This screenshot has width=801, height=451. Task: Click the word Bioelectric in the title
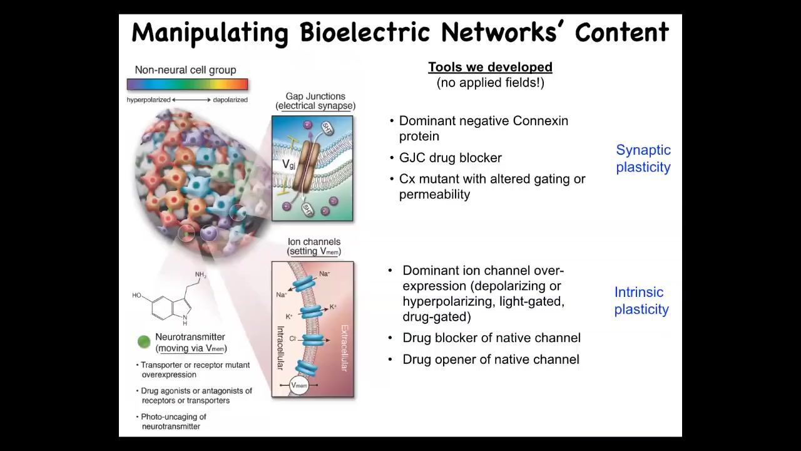click(365, 33)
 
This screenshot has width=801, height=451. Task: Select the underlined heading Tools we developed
click(490, 67)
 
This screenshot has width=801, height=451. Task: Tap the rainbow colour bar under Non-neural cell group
click(187, 84)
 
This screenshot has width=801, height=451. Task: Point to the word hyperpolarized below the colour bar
click(148, 100)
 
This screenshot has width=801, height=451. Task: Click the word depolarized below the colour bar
click(230, 100)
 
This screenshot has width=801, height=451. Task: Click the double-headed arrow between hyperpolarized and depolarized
click(191, 100)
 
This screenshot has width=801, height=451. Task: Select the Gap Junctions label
click(315, 96)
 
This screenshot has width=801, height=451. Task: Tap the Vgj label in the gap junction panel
click(288, 164)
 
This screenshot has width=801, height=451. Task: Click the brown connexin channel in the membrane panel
click(306, 165)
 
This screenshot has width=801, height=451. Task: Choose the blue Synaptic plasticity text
click(643, 158)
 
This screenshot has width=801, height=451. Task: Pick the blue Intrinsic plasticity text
click(641, 301)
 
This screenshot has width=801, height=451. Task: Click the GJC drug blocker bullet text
click(450, 158)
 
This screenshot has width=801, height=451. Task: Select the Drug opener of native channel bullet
click(491, 360)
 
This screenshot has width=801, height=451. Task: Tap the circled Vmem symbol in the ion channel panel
click(299, 385)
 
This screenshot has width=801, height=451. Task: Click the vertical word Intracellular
click(281, 348)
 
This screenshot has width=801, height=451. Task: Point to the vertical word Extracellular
click(344, 348)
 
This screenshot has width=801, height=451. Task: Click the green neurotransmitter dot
click(144, 342)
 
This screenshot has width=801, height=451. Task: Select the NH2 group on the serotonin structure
click(201, 274)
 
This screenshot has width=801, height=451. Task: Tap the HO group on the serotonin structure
click(137, 295)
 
